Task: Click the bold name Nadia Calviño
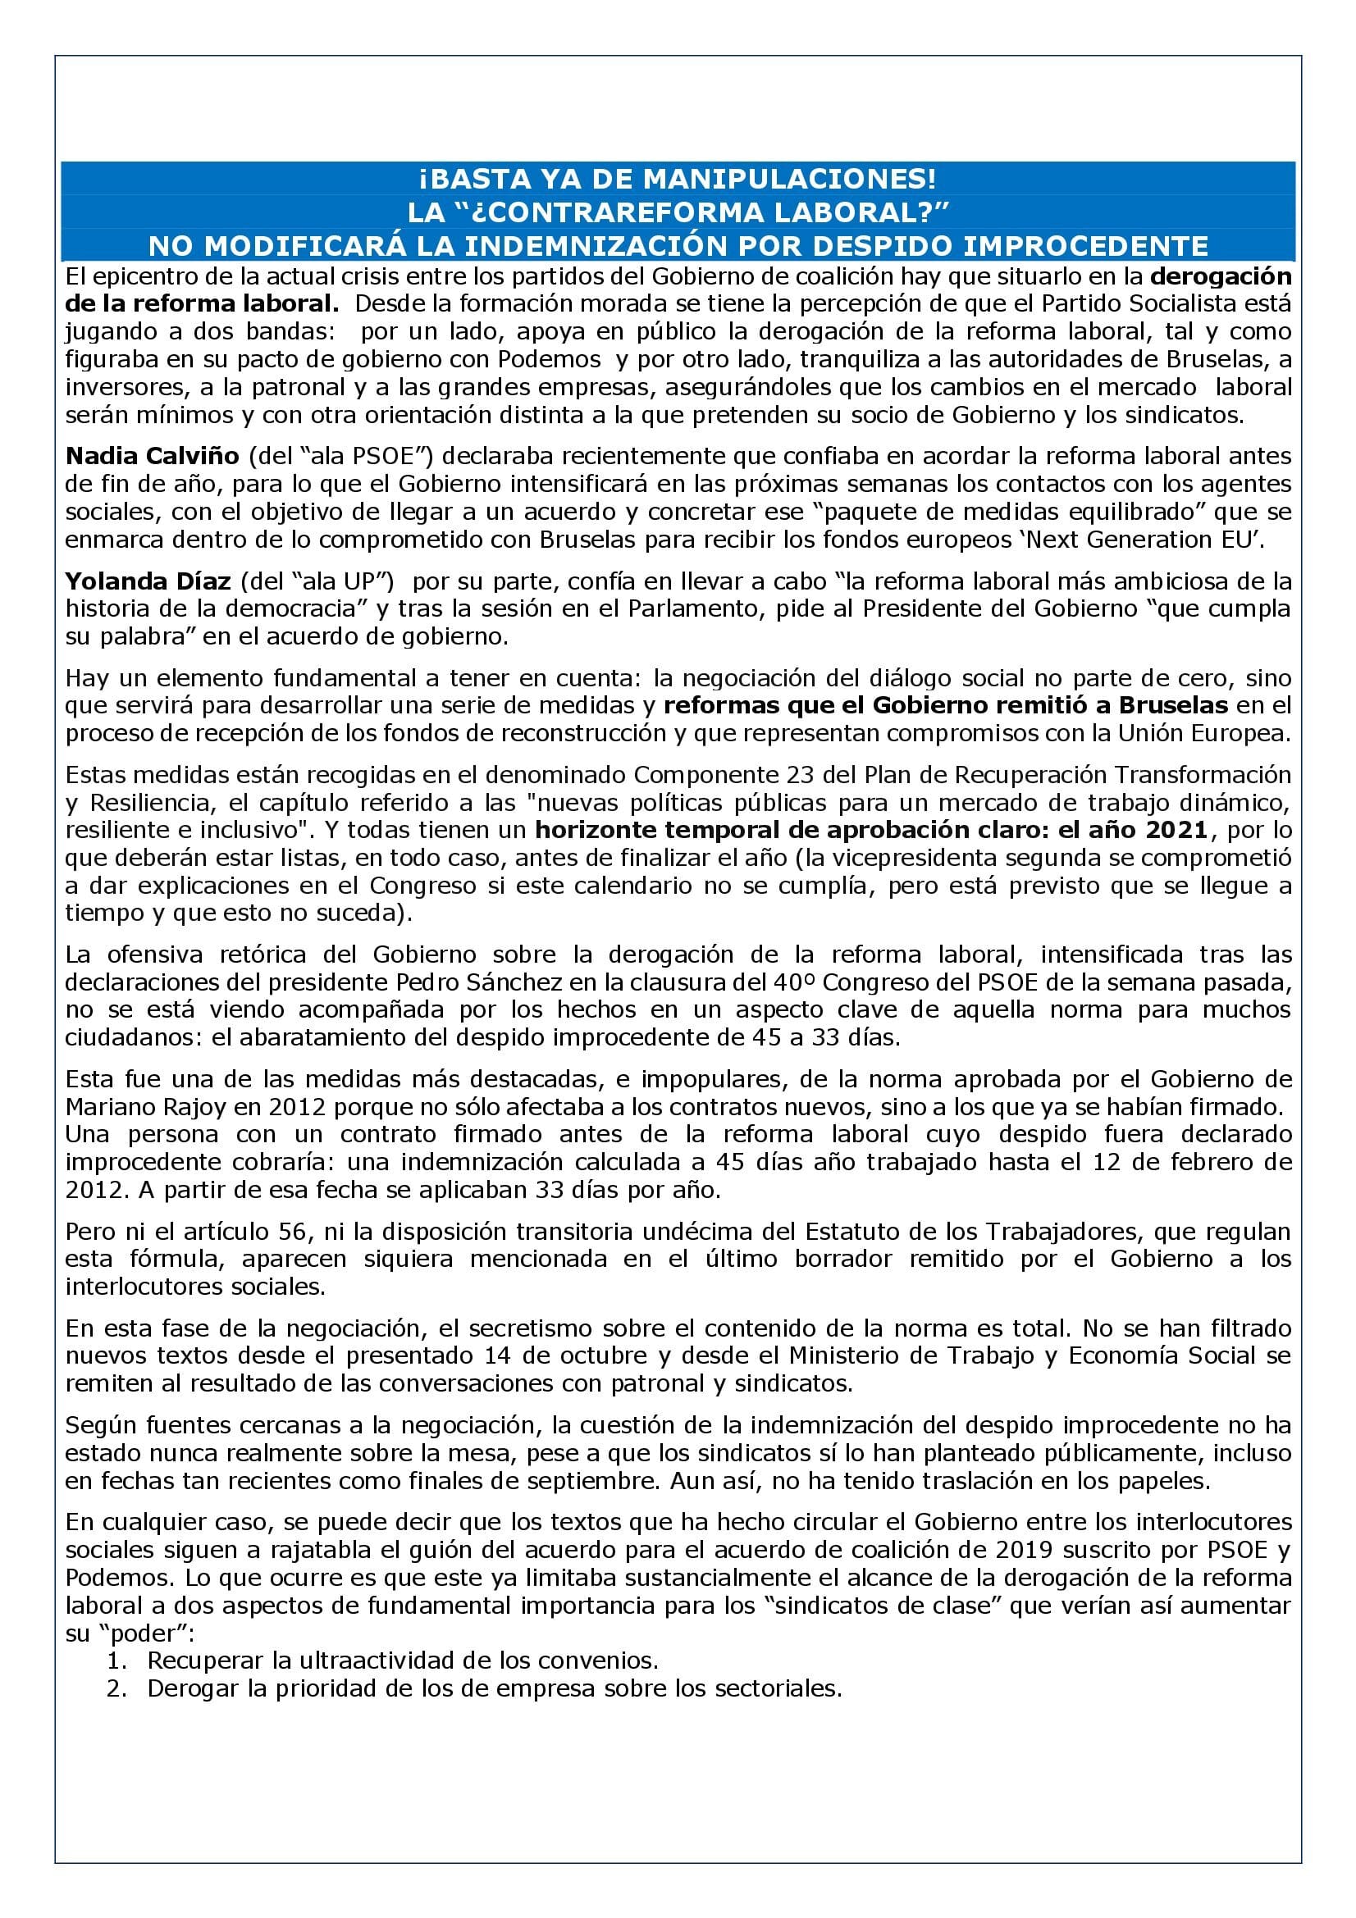coord(152,456)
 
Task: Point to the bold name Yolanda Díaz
coord(153,581)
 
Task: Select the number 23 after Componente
coord(801,774)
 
